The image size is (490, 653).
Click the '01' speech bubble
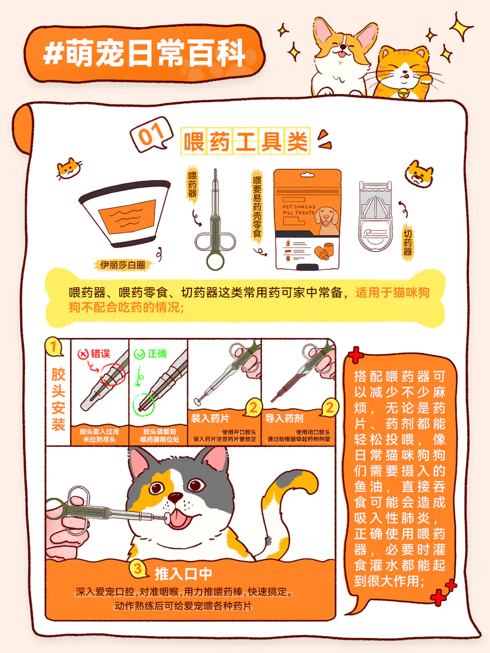(x=151, y=134)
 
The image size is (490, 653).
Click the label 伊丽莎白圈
(x=122, y=265)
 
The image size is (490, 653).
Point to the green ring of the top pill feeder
(x=216, y=261)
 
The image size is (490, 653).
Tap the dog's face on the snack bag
(x=327, y=217)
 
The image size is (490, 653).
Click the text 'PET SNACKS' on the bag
(x=299, y=206)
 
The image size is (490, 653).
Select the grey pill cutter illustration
(x=375, y=216)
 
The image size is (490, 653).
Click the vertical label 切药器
(x=407, y=243)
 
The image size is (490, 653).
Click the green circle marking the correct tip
(x=143, y=404)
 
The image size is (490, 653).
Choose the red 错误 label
(x=94, y=354)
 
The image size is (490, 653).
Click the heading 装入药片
(x=210, y=418)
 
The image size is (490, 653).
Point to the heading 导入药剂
(x=284, y=418)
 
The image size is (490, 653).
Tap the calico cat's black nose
(x=175, y=497)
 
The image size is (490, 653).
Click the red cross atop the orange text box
(x=355, y=354)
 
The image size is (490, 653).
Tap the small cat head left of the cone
(x=69, y=168)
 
